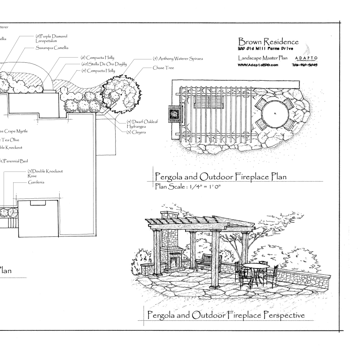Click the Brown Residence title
pos(268,42)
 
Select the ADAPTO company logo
pos(306,58)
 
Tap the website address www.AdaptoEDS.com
pos(258,65)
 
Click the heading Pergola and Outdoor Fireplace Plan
pos(220,176)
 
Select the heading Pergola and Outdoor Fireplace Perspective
pos(226,315)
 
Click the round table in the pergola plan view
pos(275,112)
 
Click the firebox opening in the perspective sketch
pos(173,262)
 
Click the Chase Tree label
pos(164,68)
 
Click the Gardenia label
pos(36,182)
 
